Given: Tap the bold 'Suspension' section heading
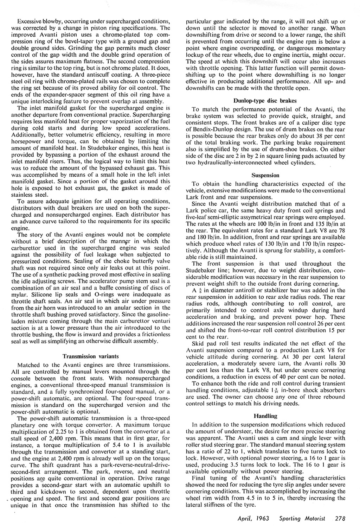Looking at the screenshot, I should coord(266,175).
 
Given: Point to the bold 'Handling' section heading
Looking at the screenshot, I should coord(266,416).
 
